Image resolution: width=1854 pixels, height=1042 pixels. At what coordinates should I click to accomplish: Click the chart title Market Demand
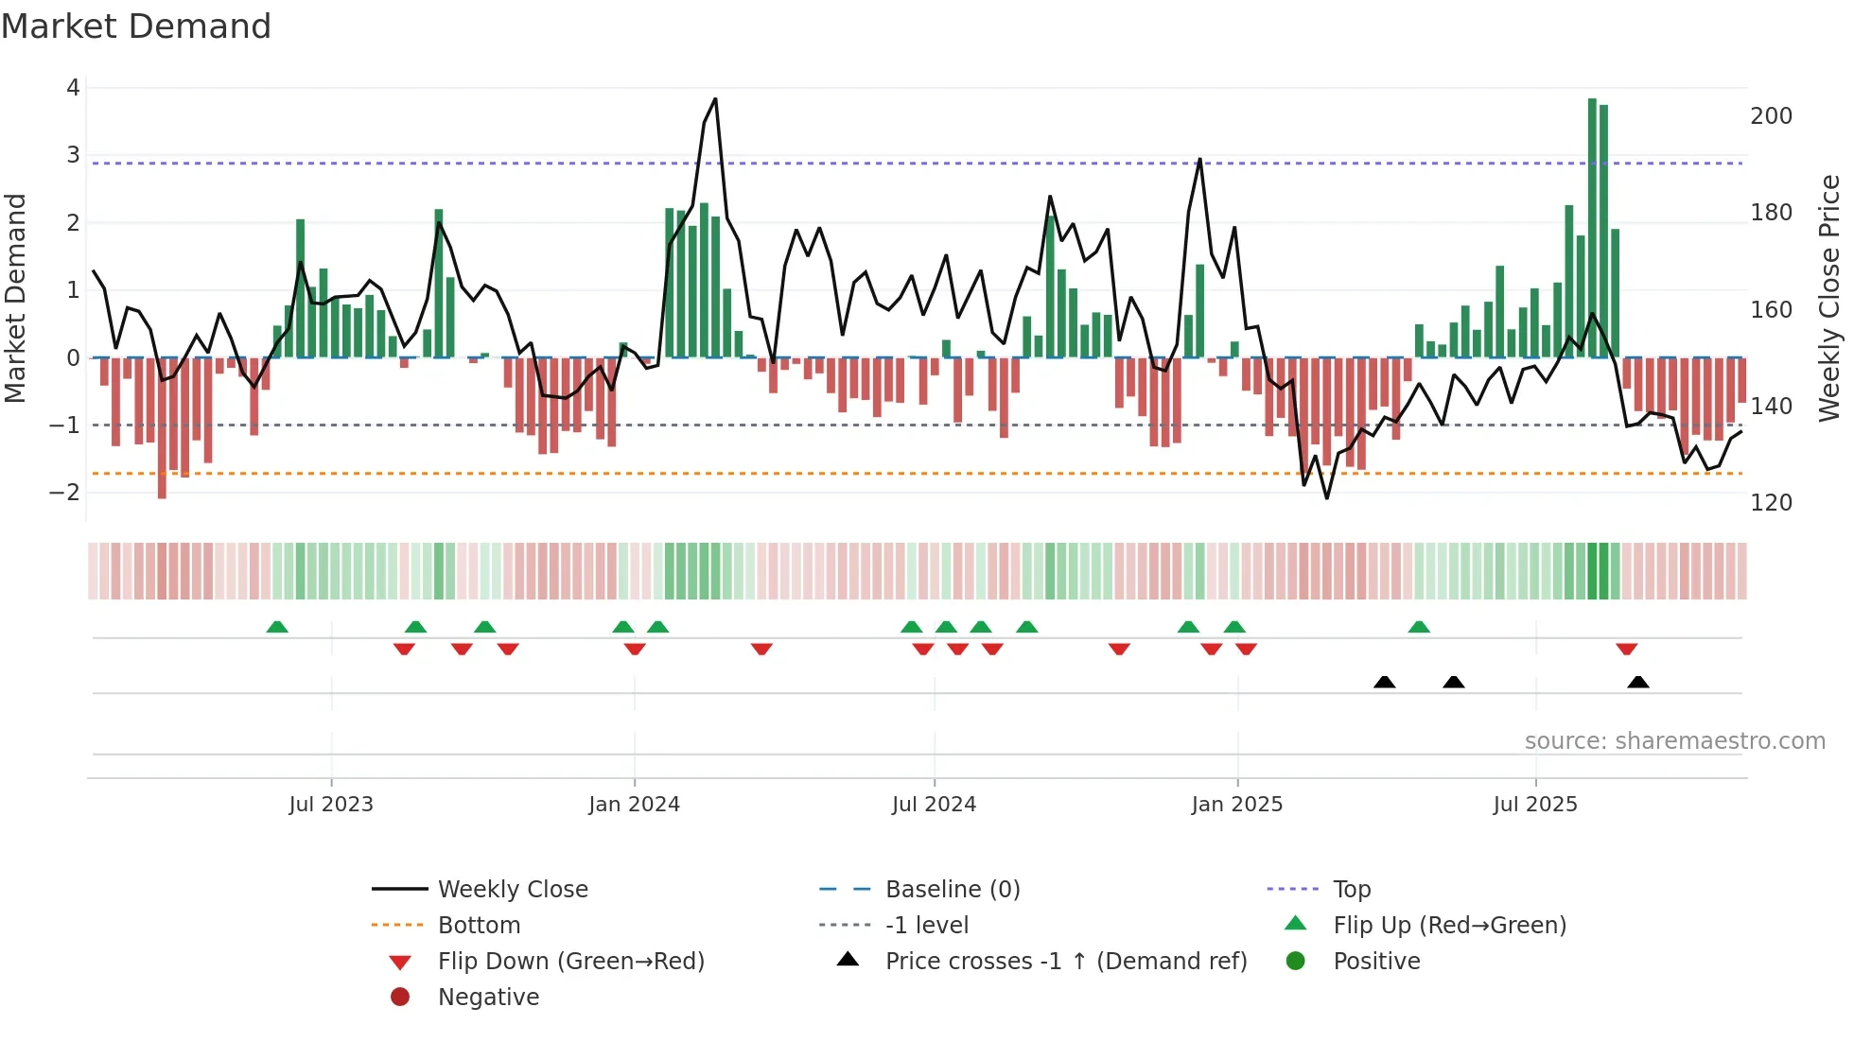click(136, 26)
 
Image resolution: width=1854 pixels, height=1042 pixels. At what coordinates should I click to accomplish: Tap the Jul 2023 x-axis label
click(331, 805)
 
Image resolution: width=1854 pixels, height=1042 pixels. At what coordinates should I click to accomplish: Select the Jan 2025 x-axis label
click(1236, 805)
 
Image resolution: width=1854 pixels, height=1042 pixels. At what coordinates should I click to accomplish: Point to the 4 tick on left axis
click(73, 88)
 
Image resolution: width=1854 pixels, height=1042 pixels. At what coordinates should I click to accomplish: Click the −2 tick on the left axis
click(66, 493)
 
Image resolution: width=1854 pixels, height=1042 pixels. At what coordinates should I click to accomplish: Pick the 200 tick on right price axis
click(1771, 116)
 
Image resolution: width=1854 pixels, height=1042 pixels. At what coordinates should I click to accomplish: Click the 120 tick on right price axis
click(1771, 503)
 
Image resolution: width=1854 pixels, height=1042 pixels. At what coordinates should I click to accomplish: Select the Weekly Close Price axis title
click(1829, 298)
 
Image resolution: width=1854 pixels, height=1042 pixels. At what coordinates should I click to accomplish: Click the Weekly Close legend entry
click(512, 890)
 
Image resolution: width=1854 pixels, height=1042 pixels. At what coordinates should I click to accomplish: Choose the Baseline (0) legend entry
click(952, 890)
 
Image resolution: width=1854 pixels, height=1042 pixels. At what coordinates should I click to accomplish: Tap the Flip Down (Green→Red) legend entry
click(570, 962)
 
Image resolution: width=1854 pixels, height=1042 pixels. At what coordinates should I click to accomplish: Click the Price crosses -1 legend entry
click(1065, 962)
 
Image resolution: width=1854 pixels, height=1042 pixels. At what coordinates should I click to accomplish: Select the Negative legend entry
click(488, 998)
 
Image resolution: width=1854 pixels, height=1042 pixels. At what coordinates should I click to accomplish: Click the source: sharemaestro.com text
click(1674, 741)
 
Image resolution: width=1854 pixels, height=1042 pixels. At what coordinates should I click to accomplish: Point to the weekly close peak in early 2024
click(715, 99)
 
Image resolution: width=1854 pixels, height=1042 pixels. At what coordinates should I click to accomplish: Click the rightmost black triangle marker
click(1638, 682)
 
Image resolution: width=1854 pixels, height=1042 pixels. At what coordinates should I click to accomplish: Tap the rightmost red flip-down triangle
click(1626, 649)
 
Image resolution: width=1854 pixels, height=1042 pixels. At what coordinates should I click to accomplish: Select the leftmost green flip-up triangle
click(277, 627)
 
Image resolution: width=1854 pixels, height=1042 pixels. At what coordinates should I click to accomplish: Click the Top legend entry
click(1351, 890)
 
